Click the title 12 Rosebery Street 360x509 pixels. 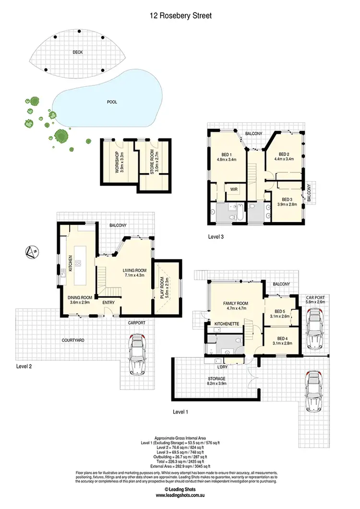(180, 15)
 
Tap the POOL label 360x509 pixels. (112, 102)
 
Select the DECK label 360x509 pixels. (78, 52)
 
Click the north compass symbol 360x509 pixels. (32, 251)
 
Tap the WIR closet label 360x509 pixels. (234, 189)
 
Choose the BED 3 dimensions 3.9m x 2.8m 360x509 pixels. (287, 204)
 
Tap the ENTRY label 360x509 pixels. (108, 303)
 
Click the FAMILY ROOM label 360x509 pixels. (235, 303)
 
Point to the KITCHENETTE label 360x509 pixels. (227, 324)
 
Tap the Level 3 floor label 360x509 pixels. (216, 237)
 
